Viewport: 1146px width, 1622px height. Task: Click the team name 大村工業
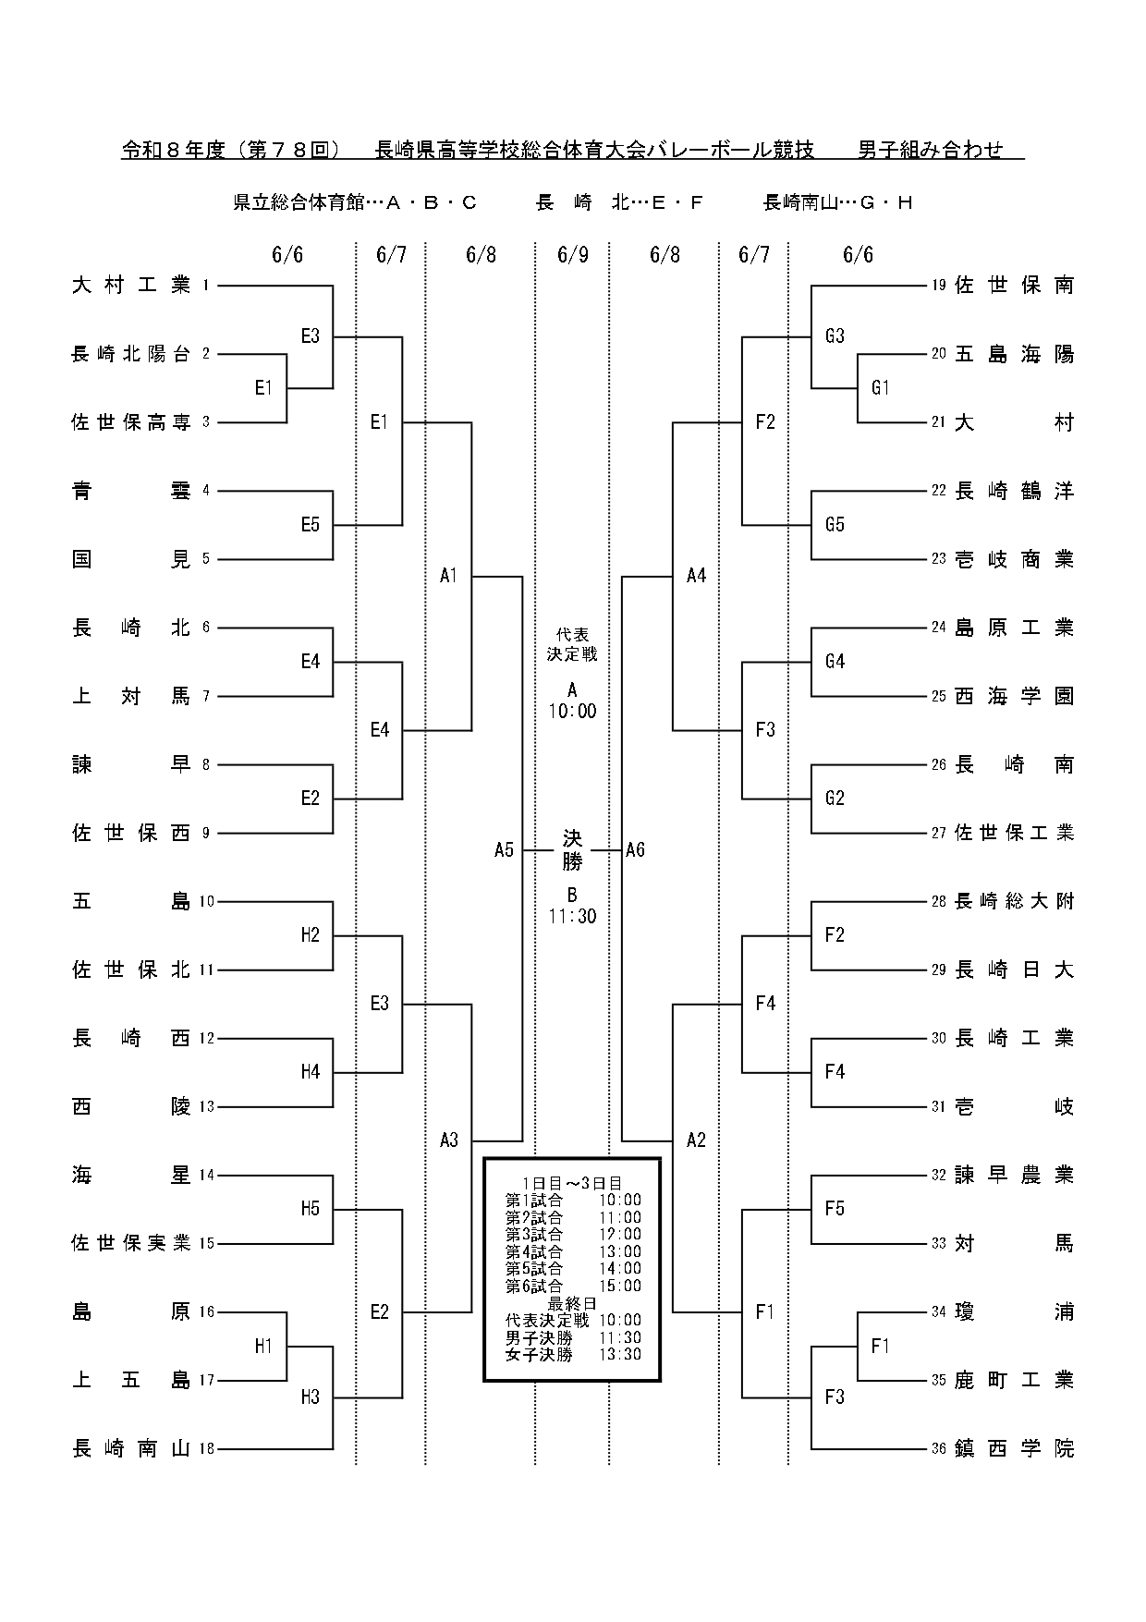pos(131,286)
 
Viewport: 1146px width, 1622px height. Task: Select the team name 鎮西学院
pos(1015,1448)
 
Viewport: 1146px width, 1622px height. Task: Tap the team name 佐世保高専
pos(131,422)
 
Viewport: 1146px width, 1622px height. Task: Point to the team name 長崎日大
pos(1015,970)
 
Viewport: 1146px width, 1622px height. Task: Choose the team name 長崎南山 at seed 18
pos(131,1448)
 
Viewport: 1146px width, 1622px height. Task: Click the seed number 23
pos(939,559)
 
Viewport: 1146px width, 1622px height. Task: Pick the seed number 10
pos(206,901)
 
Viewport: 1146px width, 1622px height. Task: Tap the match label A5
pos(504,849)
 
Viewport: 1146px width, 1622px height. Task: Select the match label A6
pos(635,849)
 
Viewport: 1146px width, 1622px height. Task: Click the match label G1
pos(880,388)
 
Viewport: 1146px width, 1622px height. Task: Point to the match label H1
pos(264,1346)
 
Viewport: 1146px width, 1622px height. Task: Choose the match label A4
pos(697,576)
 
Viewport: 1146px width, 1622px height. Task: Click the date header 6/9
pos(573,255)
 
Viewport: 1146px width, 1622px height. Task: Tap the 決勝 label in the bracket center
pos(573,850)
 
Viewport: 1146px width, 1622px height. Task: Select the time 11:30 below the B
pos(573,916)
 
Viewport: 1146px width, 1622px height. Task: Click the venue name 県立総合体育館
pos(299,202)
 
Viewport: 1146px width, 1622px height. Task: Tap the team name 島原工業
pos(1015,628)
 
